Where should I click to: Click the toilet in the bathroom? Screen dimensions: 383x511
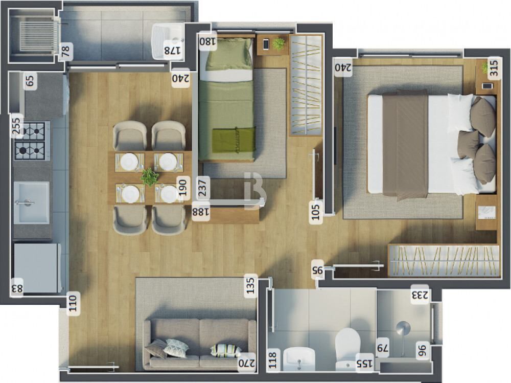348,345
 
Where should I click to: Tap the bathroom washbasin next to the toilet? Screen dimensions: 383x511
300,358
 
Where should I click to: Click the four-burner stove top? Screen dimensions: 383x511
32,141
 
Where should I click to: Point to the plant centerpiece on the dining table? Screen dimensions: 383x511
149,177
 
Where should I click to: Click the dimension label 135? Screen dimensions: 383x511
250,285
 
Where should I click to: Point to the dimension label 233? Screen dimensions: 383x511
422,295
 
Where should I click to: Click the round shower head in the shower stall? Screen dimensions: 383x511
403,327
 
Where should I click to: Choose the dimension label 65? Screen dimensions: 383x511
30,81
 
